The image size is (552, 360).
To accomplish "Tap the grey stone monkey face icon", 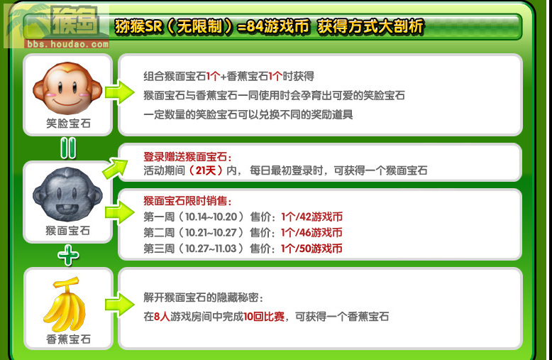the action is click(x=67, y=195).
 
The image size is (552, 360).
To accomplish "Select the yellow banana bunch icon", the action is click(x=65, y=305).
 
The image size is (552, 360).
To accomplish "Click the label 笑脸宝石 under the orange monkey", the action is click(x=68, y=124).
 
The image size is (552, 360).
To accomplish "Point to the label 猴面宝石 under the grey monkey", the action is click(x=68, y=231).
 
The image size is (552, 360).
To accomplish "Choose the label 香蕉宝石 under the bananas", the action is click(x=68, y=339).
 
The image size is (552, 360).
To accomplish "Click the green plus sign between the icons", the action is click(x=68, y=256).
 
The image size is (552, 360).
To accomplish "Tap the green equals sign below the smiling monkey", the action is click(x=68, y=148).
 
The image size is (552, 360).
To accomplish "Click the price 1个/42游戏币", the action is click(x=311, y=217).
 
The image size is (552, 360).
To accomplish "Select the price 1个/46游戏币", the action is click(x=311, y=232).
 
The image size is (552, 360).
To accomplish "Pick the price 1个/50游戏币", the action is click(x=311, y=249).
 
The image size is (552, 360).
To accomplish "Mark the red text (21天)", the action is click(x=206, y=170).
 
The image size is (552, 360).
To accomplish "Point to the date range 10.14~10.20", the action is click(x=211, y=217).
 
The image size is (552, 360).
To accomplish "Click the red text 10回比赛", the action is click(x=264, y=316).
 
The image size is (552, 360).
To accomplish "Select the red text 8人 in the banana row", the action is click(x=162, y=316).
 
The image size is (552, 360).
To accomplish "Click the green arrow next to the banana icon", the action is click(x=120, y=305).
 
